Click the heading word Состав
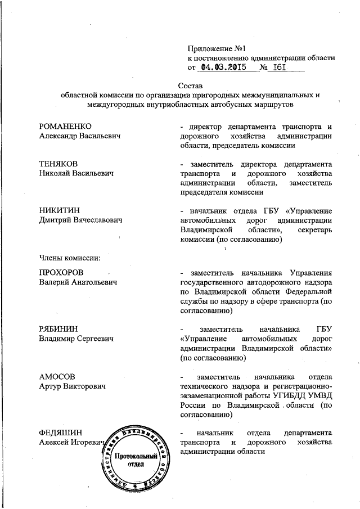(188, 85)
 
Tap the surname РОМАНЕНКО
(65, 125)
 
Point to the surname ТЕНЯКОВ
(59, 164)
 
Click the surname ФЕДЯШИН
(61, 433)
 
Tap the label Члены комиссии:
(70, 258)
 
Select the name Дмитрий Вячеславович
(81, 220)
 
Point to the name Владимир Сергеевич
(76, 339)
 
